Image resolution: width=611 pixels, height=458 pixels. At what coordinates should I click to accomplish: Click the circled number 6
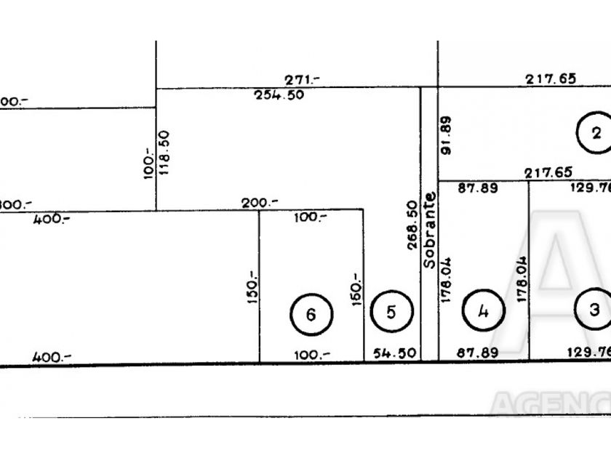click(311, 315)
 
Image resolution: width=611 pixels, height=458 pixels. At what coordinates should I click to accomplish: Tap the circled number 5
click(391, 312)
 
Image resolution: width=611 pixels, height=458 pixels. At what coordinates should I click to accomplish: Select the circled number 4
click(483, 312)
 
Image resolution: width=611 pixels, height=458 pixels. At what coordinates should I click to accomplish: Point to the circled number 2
click(596, 132)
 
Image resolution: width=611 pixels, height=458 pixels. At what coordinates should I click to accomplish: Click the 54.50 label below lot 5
click(394, 353)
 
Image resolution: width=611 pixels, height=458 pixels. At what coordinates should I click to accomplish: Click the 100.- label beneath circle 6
click(311, 354)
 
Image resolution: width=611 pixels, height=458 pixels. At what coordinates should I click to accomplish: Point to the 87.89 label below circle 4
click(477, 353)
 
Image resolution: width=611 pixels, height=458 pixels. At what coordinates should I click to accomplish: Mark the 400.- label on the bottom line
click(51, 356)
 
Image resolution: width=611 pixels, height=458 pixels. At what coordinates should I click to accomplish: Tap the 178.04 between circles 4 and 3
click(521, 279)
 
